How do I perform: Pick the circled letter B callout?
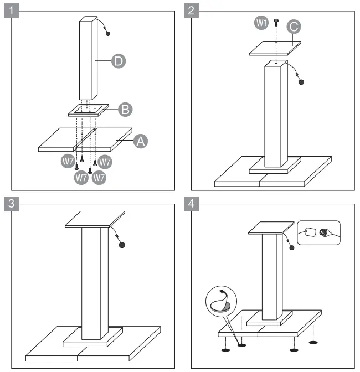(x=126, y=110)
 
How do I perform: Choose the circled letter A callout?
(x=141, y=142)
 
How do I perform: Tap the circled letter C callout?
(x=295, y=26)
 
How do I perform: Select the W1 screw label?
(x=260, y=22)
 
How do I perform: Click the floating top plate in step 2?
(x=275, y=48)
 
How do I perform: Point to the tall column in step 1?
(x=88, y=58)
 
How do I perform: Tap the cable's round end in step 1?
(x=107, y=33)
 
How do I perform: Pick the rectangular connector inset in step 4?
(x=318, y=232)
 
